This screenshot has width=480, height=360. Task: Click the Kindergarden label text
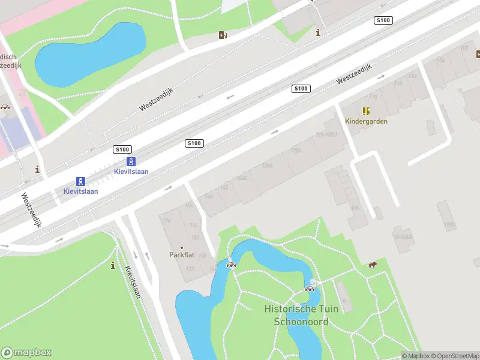[x=366, y=121]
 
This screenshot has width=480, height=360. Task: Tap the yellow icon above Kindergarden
[x=366, y=111]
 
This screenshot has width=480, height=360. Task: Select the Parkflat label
[x=182, y=255]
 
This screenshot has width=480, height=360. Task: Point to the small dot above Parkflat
[x=182, y=247]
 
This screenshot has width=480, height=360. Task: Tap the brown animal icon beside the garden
[x=373, y=265]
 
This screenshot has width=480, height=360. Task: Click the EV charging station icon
[x=223, y=35]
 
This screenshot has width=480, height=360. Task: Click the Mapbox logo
[x=26, y=353]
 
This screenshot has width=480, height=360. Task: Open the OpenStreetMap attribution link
[x=454, y=356]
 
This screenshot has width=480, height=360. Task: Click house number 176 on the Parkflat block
[x=167, y=221]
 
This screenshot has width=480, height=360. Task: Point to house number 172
[x=190, y=268]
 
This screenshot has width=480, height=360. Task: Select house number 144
[x=209, y=196]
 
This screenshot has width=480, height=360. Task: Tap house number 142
[x=224, y=188]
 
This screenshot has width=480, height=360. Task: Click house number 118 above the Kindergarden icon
[x=373, y=97]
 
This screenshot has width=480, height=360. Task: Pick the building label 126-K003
[x=326, y=134]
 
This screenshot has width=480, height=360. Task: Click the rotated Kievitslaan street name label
[x=133, y=282]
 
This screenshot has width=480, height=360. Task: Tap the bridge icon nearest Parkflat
[x=230, y=265]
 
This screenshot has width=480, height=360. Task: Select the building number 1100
[x=449, y=224]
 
